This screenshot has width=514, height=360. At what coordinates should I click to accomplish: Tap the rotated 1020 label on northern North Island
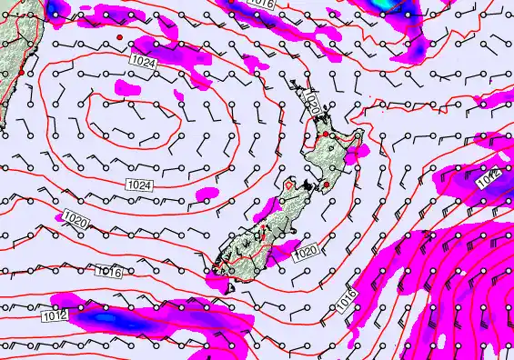point(312,103)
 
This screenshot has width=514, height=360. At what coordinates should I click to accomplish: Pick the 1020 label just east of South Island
point(305,252)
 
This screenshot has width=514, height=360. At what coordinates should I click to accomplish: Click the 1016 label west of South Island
point(109,271)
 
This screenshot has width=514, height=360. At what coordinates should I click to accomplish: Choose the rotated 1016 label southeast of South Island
point(347,304)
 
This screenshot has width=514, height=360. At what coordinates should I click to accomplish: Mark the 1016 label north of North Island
point(261,4)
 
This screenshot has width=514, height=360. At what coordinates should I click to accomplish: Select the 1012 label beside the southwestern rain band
point(54,316)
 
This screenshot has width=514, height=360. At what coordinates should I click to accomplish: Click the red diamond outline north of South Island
point(289,185)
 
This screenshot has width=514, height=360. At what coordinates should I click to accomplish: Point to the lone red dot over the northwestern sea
point(118,36)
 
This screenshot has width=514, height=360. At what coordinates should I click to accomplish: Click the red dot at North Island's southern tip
point(326,185)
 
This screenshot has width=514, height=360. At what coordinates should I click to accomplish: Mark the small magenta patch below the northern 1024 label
point(128,88)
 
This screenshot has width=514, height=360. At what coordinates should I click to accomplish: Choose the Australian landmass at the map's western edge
point(9,55)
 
